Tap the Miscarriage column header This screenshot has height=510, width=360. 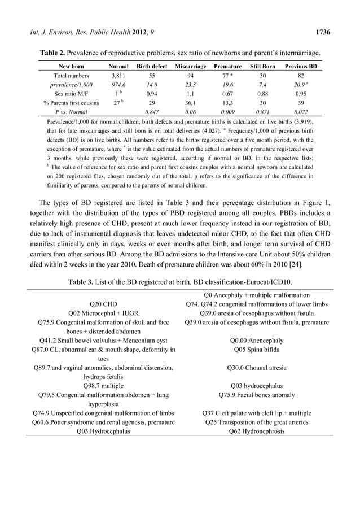coord(191,66)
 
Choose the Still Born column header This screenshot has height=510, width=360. coord(262,66)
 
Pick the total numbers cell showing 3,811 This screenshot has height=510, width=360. coord(117,75)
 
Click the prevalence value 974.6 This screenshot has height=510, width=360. coord(117,84)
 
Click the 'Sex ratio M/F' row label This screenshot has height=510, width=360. coord(71,94)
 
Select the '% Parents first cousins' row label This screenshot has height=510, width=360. coord(71,103)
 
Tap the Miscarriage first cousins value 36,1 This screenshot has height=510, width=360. coord(191,103)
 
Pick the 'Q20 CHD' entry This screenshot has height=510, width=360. coord(103,304)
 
